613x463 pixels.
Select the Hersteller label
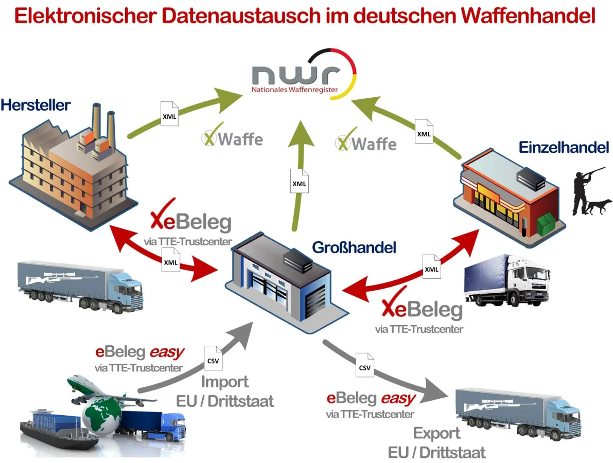click(x=36, y=106)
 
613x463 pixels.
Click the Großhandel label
click(x=354, y=247)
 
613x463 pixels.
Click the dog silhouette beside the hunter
click(x=600, y=206)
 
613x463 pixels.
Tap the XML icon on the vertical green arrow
click(x=299, y=183)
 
